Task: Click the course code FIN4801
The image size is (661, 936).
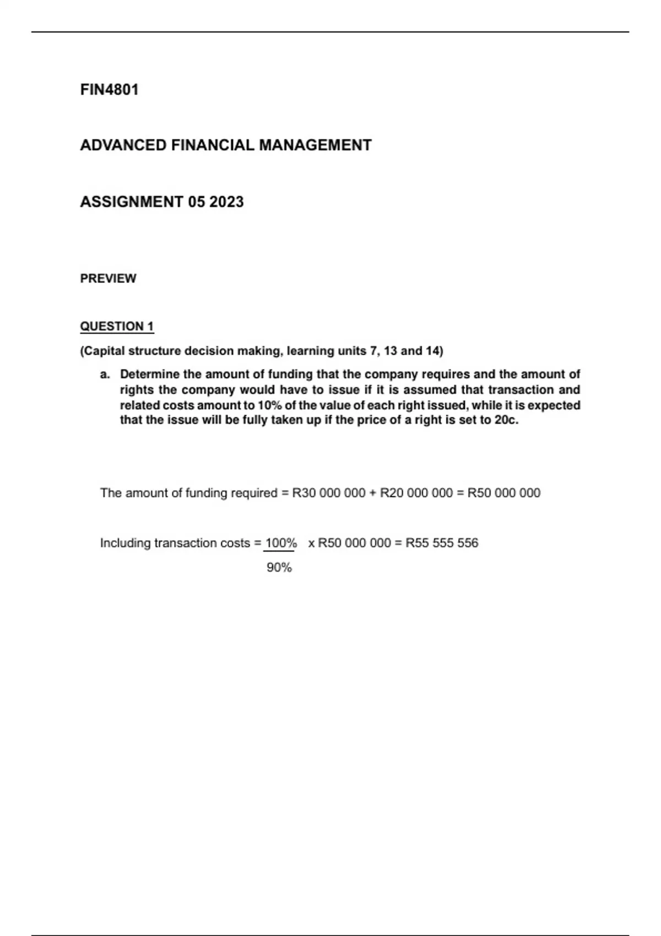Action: [109, 90]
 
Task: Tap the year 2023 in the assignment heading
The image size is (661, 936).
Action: [226, 202]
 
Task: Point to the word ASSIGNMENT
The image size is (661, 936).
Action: [131, 202]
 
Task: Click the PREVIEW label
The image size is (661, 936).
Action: [108, 279]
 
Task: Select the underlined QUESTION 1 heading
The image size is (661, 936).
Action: [117, 326]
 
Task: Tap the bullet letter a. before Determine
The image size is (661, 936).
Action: [105, 375]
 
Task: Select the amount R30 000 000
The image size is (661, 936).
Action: [329, 493]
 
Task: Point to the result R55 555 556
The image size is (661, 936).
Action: [442, 543]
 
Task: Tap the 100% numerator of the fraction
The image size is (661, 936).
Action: [281, 543]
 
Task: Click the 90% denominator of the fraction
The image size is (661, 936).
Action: [279, 568]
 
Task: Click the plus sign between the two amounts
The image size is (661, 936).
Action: [373, 493]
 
